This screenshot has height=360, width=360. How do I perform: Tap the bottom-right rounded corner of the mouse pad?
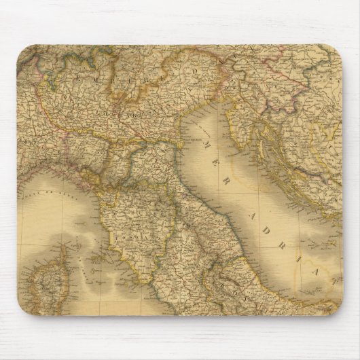tap(338, 310)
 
